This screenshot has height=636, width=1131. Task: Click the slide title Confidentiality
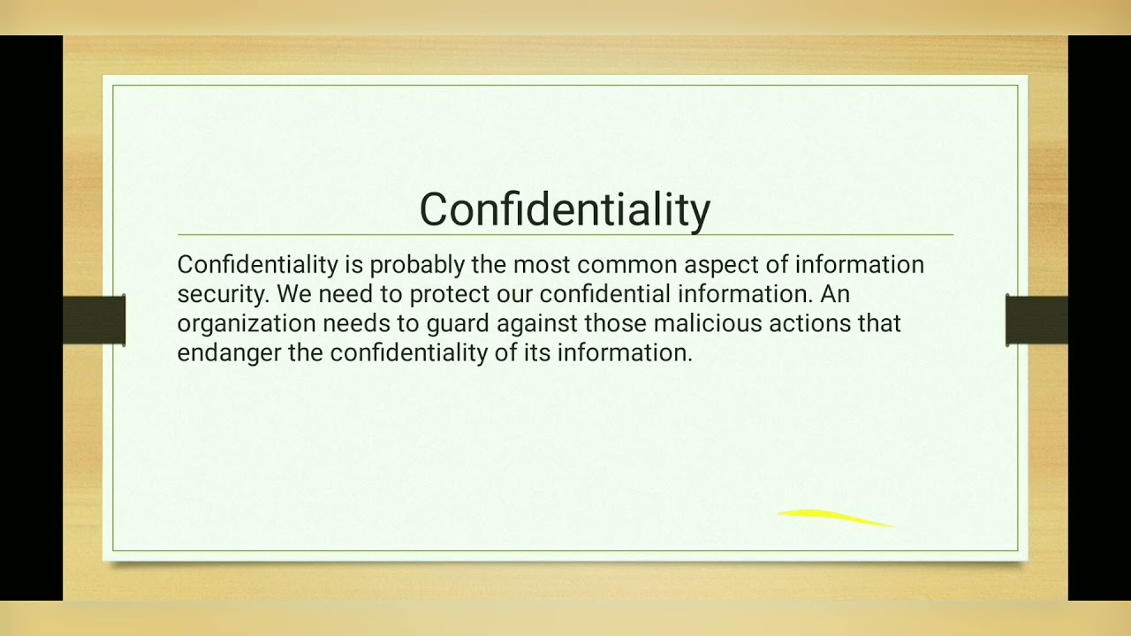point(565,210)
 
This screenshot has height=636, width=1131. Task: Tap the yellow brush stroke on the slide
point(835,518)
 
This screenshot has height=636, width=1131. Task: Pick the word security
point(220,294)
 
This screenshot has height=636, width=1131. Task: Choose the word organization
point(247,324)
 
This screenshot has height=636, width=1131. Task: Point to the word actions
point(810,324)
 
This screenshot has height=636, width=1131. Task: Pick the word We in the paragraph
point(293,294)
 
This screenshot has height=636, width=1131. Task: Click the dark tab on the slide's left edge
point(95,320)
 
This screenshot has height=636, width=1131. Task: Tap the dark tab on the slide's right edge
point(1036,320)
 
